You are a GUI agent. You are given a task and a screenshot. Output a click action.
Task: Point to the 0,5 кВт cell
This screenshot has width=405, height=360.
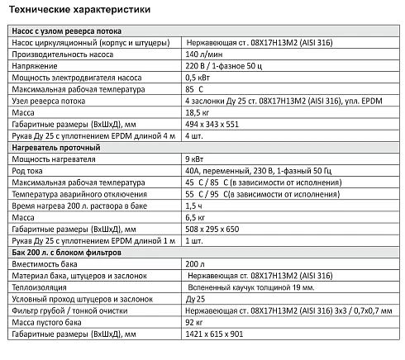click(198, 76)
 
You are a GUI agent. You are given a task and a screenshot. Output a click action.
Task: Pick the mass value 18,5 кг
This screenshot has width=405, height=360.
click(199, 111)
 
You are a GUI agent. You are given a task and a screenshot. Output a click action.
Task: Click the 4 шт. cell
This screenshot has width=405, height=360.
click(196, 135)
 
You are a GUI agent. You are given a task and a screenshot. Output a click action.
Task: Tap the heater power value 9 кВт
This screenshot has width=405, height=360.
click(195, 158)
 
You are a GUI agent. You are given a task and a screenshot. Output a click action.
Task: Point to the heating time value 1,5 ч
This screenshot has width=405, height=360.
click(195, 205)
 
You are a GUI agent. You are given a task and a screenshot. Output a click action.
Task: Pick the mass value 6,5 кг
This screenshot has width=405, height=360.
click(197, 216)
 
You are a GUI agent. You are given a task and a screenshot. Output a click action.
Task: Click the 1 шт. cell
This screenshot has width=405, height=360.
click(196, 239)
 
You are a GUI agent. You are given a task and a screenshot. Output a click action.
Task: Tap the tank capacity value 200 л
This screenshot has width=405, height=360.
click(195, 263)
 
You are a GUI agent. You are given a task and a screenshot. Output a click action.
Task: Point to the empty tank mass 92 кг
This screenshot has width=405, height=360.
click(195, 322)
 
